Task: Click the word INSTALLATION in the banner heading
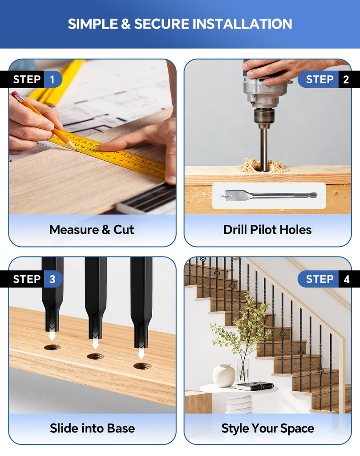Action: click(x=243, y=24)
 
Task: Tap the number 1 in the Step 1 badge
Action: click(x=53, y=79)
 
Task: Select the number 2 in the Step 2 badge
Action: click(x=346, y=79)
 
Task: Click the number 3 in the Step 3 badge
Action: click(x=53, y=279)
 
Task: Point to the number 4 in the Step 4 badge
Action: click(x=346, y=280)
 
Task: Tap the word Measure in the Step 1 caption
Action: click(x=74, y=230)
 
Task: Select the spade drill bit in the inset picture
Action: click(x=268, y=195)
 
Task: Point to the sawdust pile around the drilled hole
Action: click(x=262, y=166)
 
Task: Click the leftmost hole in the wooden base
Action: click(x=53, y=347)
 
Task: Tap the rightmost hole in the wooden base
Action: click(x=142, y=366)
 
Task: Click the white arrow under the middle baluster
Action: click(x=95, y=342)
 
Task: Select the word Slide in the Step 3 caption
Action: click(x=65, y=428)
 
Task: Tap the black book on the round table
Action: click(x=254, y=386)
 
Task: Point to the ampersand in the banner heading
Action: click(x=126, y=24)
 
